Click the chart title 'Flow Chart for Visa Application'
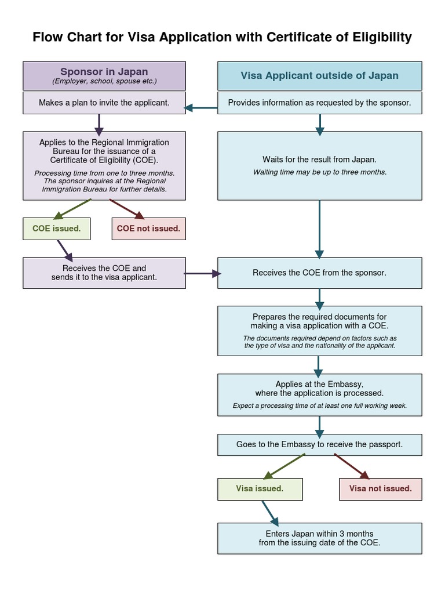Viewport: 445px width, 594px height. tap(222, 38)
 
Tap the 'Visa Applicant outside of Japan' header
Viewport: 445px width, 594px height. tap(319, 75)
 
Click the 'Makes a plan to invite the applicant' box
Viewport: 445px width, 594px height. tap(104, 103)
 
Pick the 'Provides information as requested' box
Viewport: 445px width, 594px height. tap(319, 103)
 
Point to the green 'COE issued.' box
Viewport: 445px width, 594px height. tap(57, 229)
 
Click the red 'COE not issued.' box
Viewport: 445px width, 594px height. tap(148, 229)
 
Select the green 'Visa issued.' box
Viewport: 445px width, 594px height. tap(260, 488)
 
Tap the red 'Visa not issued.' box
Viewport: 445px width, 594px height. tap(380, 488)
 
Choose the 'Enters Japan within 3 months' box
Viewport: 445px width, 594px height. tap(319, 538)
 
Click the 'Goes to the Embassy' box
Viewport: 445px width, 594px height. tap(319, 445)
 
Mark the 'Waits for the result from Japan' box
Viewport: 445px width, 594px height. tap(319, 165)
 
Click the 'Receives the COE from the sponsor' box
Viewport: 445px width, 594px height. tap(319, 273)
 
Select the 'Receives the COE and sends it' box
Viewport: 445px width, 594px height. tap(104, 273)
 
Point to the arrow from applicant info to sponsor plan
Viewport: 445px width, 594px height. tap(201, 107)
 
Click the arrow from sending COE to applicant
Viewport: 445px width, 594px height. tap(202, 273)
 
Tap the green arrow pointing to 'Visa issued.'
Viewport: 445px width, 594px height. tap(284, 466)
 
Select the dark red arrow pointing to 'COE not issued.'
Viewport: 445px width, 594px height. tap(123, 208)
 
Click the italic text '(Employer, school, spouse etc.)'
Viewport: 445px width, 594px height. tap(104, 81)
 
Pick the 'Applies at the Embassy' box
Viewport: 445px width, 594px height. tap(319, 394)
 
